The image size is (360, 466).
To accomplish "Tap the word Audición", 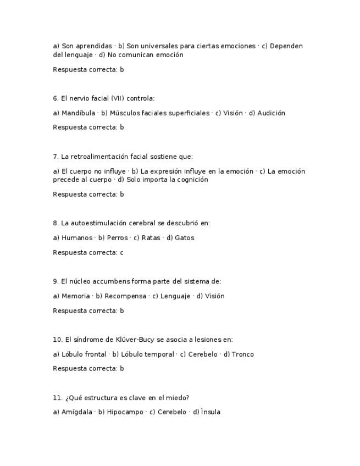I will coord(270,113).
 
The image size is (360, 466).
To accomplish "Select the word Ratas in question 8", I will coord(151,238).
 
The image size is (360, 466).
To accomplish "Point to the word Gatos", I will coord(184,238).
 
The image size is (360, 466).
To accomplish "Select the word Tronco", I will coord(242,354).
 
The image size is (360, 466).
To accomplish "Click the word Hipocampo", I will coord(125,412).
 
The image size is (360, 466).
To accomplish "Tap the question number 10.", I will coord(58,340).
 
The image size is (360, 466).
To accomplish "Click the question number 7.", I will coord(56,157).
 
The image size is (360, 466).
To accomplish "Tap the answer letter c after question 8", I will coord(121,253).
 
